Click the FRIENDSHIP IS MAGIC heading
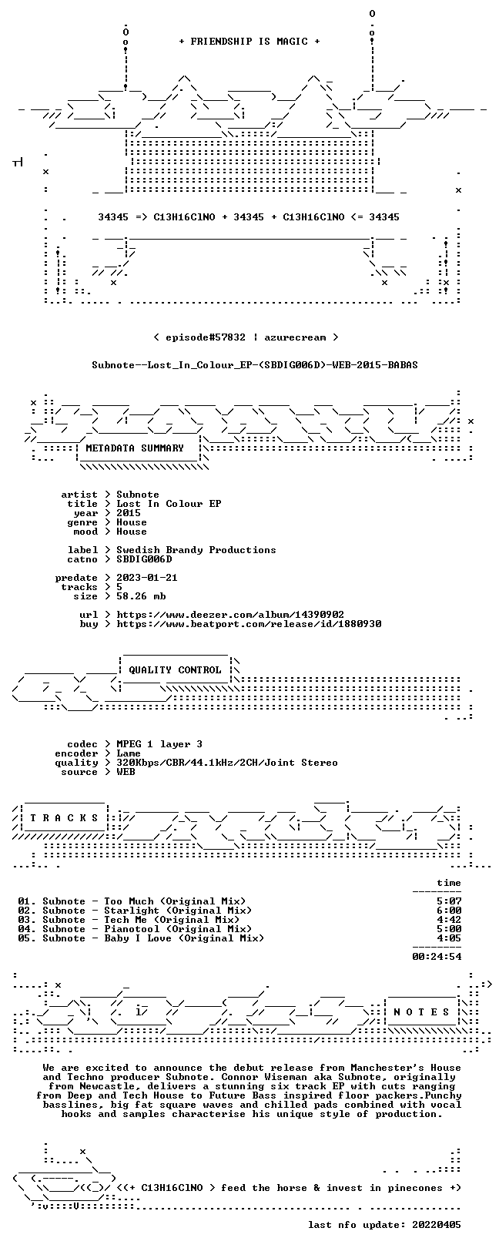coord(249,42)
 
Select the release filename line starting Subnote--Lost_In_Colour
coord(255,365)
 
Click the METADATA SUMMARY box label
coord(135,448)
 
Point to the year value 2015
coord(129,513)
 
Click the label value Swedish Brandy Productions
coord(196,550)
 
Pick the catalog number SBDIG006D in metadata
coord(144,559)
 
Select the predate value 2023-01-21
coord(147,578)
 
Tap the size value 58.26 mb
coord(141,596)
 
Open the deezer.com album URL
coord(230,615)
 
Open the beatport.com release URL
coord(249,624)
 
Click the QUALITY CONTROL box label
coord(175,669)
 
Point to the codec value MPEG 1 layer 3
coord(159,744)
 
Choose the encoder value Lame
coord(129,753)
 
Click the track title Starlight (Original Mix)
coord(178,911)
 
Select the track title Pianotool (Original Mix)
coord(178,929)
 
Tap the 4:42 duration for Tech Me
coord(450,919)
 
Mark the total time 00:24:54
coord(437,957)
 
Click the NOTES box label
coord(421,1011)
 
